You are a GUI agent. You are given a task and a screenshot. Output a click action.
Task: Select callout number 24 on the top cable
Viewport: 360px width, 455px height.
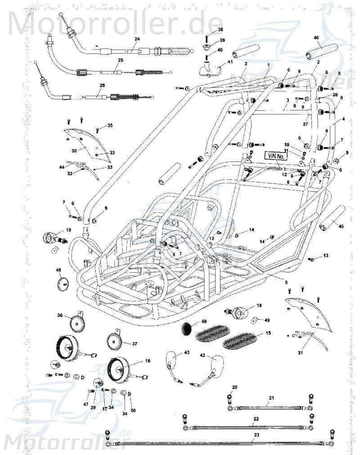137,40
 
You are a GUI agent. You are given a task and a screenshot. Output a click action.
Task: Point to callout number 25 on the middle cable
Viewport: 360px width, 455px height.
120,60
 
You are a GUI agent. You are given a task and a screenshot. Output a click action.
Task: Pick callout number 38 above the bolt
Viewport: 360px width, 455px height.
220,29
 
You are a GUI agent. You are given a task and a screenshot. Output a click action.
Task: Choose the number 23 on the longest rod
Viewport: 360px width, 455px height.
256,435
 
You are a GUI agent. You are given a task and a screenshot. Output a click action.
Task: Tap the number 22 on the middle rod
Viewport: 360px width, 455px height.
256,419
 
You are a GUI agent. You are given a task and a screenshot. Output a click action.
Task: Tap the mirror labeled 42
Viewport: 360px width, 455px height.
219,362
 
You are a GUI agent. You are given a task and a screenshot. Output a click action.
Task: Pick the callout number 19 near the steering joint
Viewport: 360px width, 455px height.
68,230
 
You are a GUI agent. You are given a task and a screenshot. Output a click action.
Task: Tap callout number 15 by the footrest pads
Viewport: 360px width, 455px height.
269,333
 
